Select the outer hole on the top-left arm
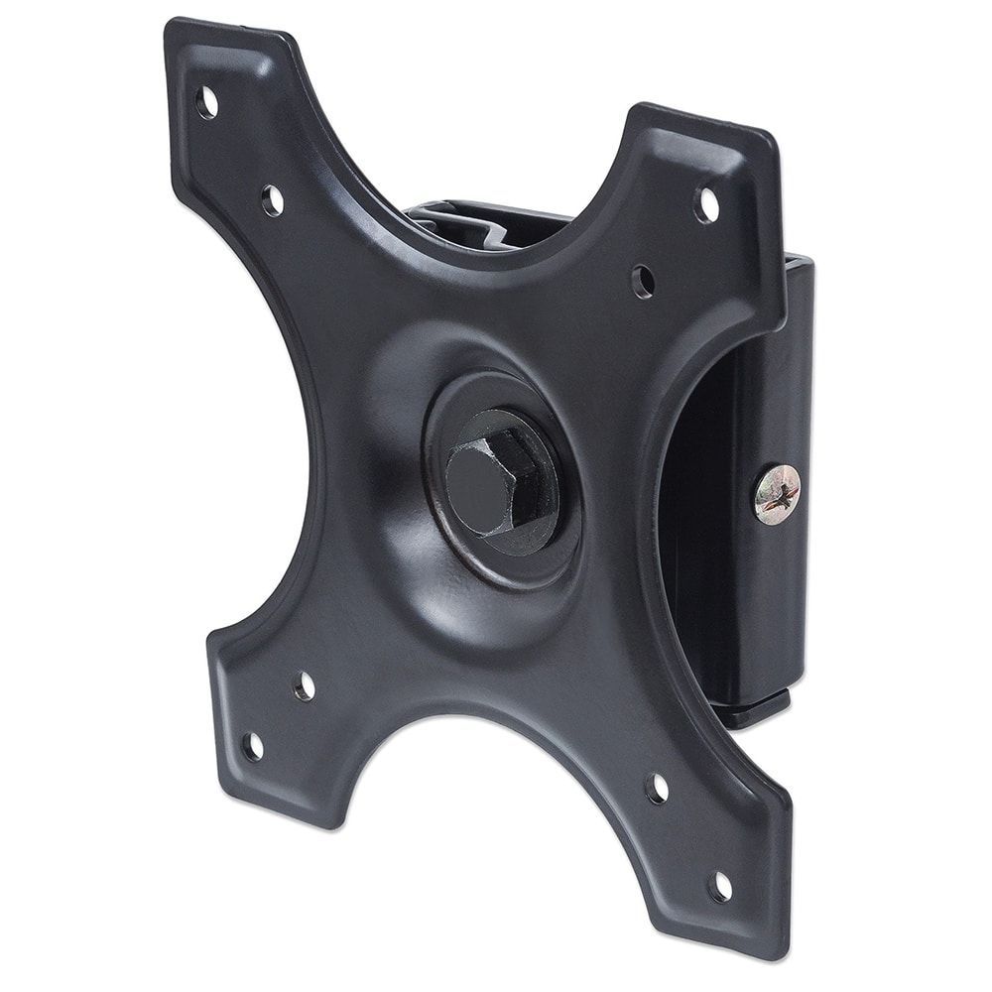(208, 102)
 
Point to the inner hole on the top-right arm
(643, 280)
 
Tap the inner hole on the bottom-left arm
(305, 685)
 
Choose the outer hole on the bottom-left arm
(254, 747)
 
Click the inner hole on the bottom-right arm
(657, 789)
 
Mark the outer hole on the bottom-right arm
(720, 886)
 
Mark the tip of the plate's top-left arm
(179, 35)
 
